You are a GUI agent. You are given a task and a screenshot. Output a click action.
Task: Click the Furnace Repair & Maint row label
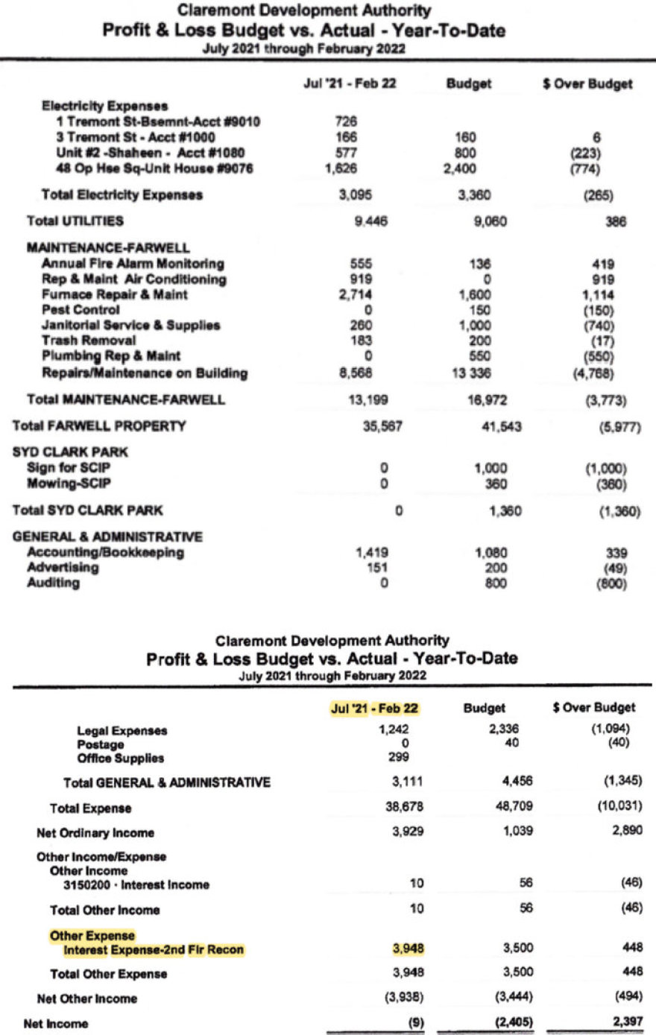(x=114, y=295)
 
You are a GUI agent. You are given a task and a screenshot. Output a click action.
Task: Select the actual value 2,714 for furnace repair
(x=357, y=295)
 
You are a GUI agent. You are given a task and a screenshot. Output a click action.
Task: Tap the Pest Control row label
(x=81, y=310)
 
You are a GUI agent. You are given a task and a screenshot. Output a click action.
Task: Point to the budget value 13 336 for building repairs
(x=471, y=373)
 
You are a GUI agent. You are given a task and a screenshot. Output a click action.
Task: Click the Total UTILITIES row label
(x=75, y=221)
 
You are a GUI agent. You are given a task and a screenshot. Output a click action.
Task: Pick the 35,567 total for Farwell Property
(x=384, y=427)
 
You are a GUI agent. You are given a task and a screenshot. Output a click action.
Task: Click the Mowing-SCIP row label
(x=69, y=484)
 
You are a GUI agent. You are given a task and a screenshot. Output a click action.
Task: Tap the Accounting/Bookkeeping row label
(x=105, y=553)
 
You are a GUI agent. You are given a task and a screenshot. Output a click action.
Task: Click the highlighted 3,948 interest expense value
(x=408, y=949)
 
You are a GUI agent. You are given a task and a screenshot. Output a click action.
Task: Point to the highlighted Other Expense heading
(x=92, y=936)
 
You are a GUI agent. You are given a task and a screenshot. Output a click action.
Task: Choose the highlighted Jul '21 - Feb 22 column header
(x=375, y=709)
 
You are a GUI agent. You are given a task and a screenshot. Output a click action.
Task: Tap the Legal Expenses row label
(x=122, y=731)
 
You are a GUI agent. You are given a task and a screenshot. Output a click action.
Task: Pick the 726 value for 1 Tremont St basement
(x=347, y=121)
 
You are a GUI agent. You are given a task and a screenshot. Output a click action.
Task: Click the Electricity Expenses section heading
(x=104, y=106)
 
